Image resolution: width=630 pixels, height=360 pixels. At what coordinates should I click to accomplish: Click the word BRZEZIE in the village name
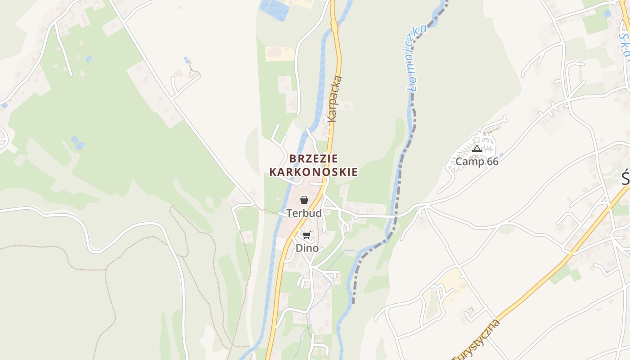314,158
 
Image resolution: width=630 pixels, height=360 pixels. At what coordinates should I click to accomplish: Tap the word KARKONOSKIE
314,172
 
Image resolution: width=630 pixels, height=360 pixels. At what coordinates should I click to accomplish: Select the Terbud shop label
304,213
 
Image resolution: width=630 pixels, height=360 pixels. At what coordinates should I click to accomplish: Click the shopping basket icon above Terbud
304,200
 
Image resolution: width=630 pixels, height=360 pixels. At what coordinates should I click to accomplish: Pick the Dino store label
307,248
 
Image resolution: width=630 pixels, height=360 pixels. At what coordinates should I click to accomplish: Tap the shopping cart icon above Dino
307,235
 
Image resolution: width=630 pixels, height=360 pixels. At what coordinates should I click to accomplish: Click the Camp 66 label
477,162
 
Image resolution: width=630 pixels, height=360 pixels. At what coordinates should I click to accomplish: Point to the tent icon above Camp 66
477,148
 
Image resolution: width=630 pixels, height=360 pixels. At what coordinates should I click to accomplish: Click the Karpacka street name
335,99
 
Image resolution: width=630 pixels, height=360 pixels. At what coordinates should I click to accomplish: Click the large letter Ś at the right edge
625,178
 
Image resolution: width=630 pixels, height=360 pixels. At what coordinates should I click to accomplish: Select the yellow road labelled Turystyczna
540,283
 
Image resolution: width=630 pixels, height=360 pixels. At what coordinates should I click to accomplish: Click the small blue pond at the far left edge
4,105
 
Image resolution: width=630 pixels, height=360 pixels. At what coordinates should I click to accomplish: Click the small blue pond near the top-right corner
608,13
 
